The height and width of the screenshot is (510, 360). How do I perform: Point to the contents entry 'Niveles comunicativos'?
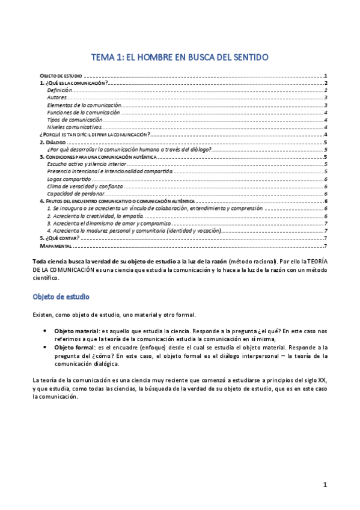pos(72,127)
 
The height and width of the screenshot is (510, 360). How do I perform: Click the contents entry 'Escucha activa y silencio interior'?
pos(87,164)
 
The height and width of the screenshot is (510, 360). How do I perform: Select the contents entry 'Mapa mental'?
pos(56,245)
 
